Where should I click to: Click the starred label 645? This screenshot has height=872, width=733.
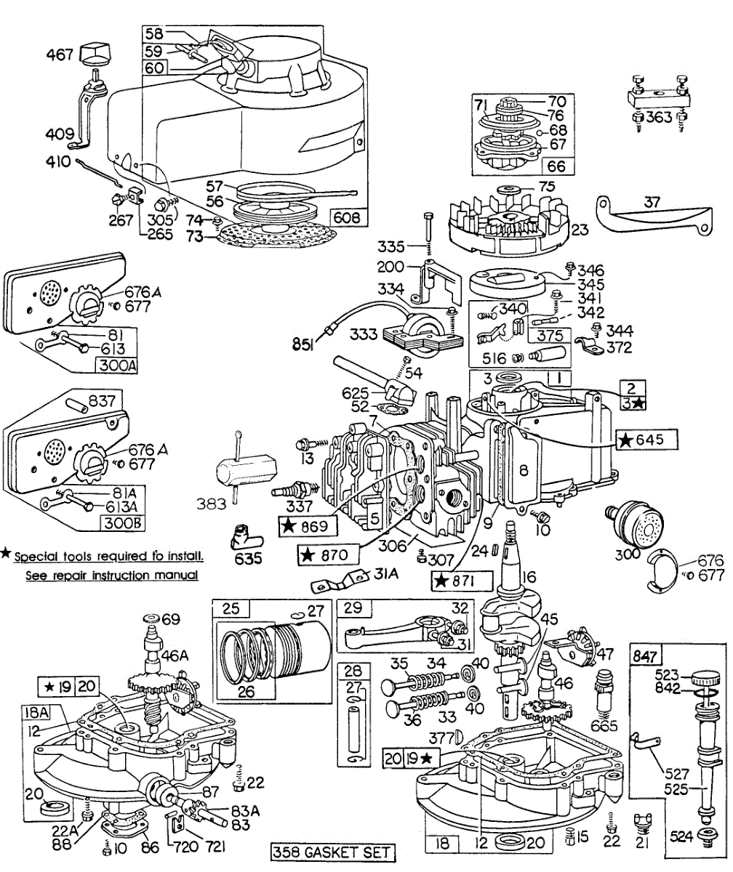tap(647, 439)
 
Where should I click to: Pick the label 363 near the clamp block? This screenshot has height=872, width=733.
tap(659, 120)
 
